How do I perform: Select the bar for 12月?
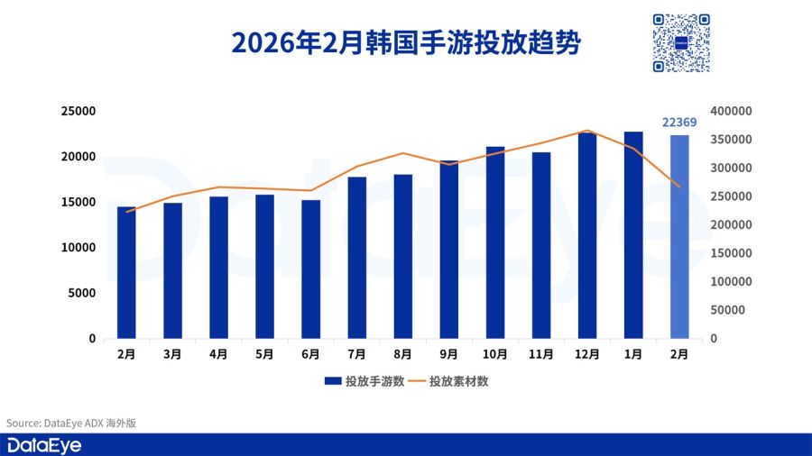pyautogui.click(x=587, y=236)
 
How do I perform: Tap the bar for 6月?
pyautogui.click(x=310, y=269)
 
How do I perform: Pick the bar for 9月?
pyautogui.click(x=449, y=250)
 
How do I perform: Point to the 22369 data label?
pyautogui.click(x=679, y=123)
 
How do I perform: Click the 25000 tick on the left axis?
pyautogui.click(x=78, y=111)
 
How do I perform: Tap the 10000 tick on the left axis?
pyautogui.click(x=78, y=248)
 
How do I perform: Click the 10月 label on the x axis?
pyautogui.click(x=495, y=355)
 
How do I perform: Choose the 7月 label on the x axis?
pyautogui.click(x=356, y=355)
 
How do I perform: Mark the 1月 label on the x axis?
pyautogui.click(x=633, y=355)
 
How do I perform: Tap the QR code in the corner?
pyautogui.click(x=680, y=42)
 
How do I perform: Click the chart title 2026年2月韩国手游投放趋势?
pyautogui.click(x=405, y=43)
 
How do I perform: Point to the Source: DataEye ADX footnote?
pyautogui.click(x=71, y=423)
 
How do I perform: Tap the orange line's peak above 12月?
pyautogui.click(x=587, y=131)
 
